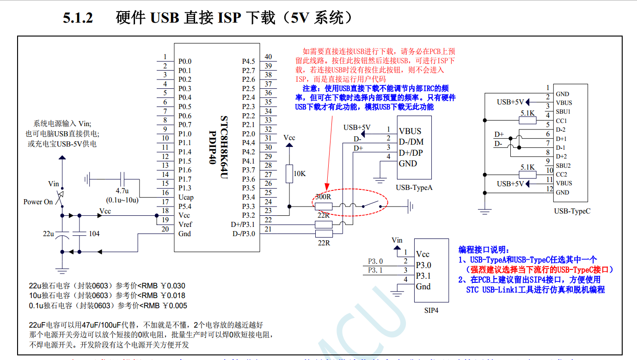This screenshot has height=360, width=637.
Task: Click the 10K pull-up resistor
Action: [289, 174]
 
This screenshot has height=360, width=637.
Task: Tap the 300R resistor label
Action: [323, 197]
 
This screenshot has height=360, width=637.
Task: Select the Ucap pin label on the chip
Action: [186, 197]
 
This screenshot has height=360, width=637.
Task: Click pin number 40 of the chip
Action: [268, 57]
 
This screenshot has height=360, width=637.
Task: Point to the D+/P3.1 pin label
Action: [243, 225]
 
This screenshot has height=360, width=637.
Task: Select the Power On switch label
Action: [38, 202]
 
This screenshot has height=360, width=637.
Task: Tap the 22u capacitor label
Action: [49, 234]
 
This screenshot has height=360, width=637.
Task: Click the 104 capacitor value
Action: [94, 234]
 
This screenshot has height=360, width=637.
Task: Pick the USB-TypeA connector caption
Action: [414, 187]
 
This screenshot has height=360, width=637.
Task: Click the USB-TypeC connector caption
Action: [572, 211]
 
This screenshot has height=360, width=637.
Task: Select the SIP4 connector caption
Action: [431, 311]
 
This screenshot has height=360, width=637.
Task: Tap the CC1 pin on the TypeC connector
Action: [561, 121]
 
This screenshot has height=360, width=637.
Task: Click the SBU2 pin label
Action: [563, 165]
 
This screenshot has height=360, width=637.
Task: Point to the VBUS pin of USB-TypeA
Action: [410, 131]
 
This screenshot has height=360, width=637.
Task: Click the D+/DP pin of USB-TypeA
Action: [411, 153]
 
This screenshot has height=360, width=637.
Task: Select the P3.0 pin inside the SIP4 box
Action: [423, 265]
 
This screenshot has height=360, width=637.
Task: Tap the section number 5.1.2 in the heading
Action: [78, 18]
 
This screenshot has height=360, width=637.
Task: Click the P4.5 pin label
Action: [248, 61]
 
